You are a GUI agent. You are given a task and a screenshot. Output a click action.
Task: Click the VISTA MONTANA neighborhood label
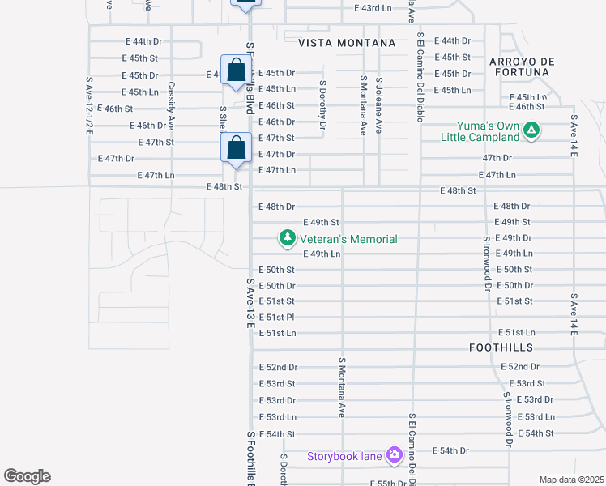346,43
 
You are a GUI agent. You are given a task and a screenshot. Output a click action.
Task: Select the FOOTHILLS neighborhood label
501,347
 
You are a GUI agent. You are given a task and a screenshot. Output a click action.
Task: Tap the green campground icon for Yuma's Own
531,129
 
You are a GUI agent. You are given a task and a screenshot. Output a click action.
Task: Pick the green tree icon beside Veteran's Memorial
287,238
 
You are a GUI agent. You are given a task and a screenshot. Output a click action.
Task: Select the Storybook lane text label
344,456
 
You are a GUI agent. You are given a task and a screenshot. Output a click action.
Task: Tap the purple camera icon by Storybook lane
395,455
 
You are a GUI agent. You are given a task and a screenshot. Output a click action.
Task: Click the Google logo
27,476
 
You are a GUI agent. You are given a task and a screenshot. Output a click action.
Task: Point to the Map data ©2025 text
571,480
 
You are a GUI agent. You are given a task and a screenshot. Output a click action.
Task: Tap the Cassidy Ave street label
171,105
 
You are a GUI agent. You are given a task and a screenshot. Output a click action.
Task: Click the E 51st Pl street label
275,317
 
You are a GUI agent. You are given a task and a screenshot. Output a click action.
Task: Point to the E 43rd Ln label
373,7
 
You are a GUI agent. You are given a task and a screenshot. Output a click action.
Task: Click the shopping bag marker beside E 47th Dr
236,150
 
